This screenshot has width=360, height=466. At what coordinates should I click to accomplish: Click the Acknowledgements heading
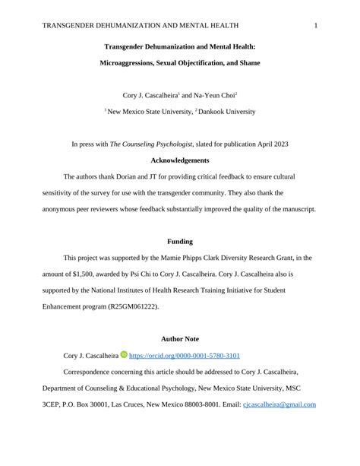coord(180,160)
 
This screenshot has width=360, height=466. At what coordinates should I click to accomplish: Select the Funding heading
coord(180,242)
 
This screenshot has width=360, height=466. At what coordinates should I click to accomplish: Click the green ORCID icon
coord(124,355)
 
